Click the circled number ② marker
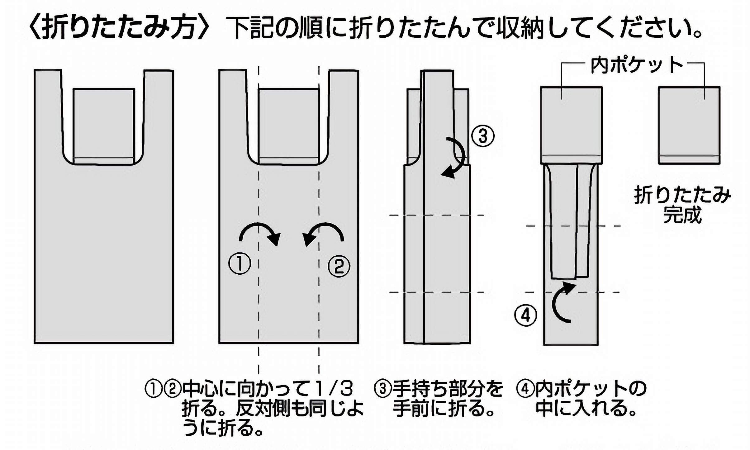[339, 266]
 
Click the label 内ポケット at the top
[637, 66]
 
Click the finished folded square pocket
[689, 125]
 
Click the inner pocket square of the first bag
[104, 125]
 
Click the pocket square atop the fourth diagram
[571, 125]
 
